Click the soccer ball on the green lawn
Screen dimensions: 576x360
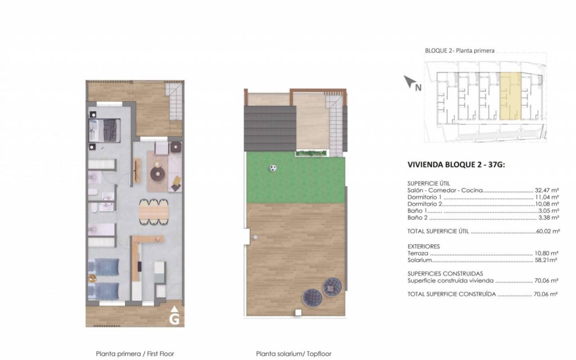pos(273,168)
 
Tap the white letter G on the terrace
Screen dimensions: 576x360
pos(174,319)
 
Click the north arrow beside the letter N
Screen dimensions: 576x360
pos(409,81)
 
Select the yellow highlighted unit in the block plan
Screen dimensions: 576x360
pos(510,96)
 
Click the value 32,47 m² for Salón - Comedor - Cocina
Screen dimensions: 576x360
pos(547,190)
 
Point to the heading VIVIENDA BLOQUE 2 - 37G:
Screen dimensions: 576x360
pos(456,165)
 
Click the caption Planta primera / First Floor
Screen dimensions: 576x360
pos(135,354)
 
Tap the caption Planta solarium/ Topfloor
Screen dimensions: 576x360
pos(294,354)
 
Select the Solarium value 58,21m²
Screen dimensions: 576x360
pos(546,260)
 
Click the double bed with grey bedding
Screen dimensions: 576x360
pos(105,130)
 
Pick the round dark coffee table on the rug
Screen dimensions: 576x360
pos(157,174)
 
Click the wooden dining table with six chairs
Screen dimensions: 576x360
pos(154,212)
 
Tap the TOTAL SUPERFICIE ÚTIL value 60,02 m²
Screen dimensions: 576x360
pos(548,231)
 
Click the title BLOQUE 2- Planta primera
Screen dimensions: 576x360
pos(460,51)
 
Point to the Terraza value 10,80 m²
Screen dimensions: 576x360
pos(546,253)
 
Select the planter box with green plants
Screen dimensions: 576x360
pos(311,153)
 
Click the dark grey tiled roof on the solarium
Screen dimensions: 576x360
pos(270,129)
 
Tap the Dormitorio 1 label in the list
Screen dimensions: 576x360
pos(424,197)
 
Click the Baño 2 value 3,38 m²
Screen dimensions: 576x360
pos(549,217)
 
